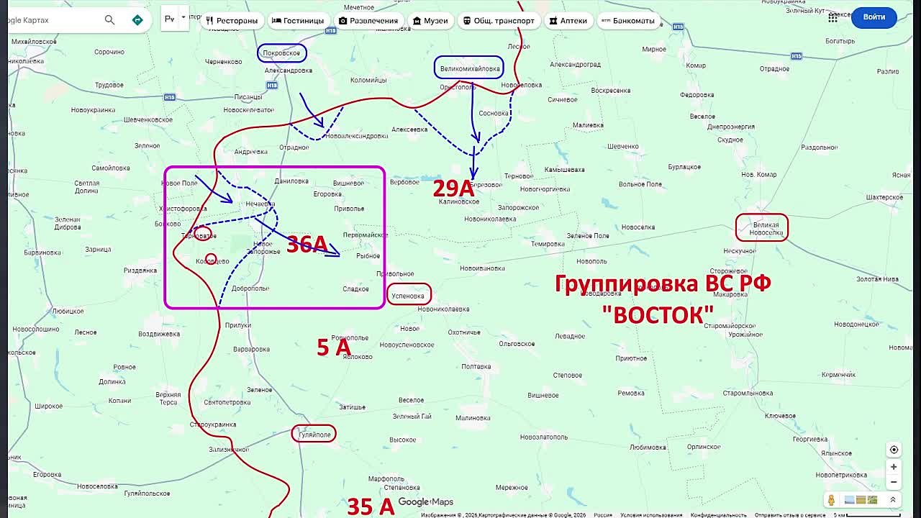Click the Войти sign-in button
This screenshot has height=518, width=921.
874,17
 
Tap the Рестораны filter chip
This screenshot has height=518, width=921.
232,21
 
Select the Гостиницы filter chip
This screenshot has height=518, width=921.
298,21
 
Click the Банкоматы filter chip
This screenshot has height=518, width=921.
627,21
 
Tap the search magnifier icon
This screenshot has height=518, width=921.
109,20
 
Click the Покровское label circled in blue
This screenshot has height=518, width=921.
281,53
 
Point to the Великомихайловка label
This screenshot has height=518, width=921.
469,68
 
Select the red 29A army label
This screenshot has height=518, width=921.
453,188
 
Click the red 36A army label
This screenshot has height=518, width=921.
307,245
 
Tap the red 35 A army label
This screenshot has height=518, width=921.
371,506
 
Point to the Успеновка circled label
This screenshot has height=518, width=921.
409,295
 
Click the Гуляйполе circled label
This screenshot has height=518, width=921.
314,434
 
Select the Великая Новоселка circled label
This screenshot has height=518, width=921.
761,228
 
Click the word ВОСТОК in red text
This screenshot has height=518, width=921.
658,314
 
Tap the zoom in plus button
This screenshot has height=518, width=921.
894,467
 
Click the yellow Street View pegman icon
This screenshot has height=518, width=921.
832,500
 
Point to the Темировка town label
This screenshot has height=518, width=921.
548,244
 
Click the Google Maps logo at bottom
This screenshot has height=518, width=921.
425,502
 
